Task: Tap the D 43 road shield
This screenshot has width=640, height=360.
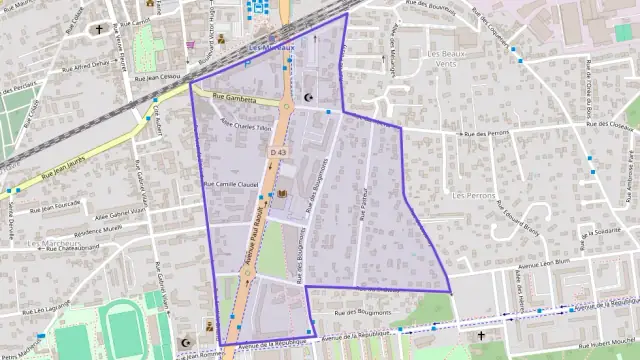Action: coord(279,152)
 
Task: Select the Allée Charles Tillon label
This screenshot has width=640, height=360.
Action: coord(245,126)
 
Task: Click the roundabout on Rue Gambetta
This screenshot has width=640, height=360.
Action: coord(286,105)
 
